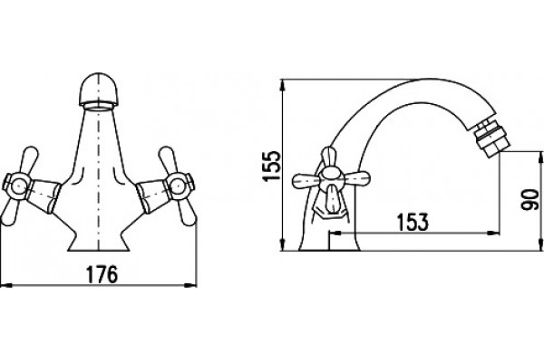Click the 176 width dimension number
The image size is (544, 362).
coord(102,274)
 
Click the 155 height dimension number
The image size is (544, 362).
coord(272,166)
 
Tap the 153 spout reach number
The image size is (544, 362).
coord(413,222)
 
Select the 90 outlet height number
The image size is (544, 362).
coord(530,199)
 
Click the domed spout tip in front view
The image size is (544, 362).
coord(99,90)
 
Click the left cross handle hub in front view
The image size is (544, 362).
coord(17,187)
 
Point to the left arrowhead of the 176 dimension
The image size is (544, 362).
coord(6,285)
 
